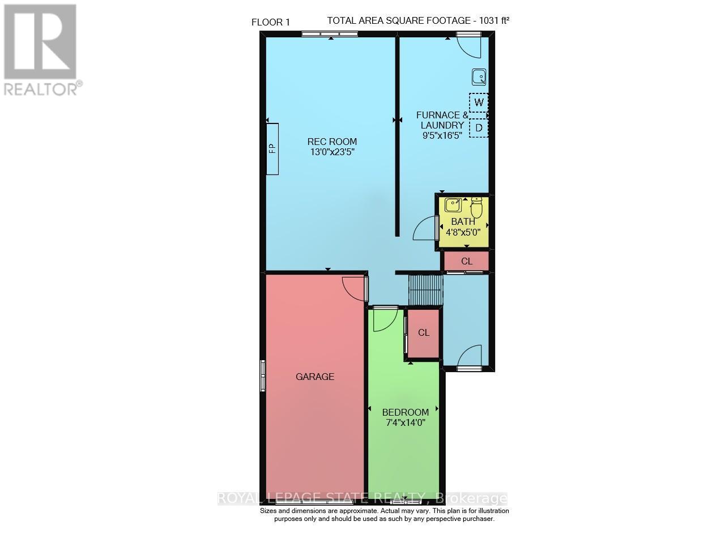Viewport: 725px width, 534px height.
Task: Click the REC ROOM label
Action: [x=332, y=142]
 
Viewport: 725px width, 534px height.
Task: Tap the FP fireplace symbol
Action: [x=272, y=148]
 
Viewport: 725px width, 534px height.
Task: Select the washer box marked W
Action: [x=479, y=102]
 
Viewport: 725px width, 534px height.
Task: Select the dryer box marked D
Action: [x=479, y=128]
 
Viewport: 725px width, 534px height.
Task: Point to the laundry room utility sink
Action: [x=479, y=76]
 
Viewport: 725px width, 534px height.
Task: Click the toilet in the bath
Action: [x=476, y=208]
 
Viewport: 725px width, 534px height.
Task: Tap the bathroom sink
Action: [x=453, y=204]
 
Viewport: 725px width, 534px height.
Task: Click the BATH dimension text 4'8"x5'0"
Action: [x=463, y=232]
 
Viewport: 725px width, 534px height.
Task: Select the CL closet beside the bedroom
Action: [x=424, y=333]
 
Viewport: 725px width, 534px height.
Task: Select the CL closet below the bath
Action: [x=466, y=261]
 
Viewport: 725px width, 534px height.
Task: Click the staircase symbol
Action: [x=425, y=289]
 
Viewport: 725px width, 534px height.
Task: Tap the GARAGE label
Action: [x=315, y=376]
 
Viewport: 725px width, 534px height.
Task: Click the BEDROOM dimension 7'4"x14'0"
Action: [x=405, y=422]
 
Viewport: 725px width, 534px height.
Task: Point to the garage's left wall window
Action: [x=263, y=375]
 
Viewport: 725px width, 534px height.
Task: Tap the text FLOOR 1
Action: [x=271, y=22]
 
